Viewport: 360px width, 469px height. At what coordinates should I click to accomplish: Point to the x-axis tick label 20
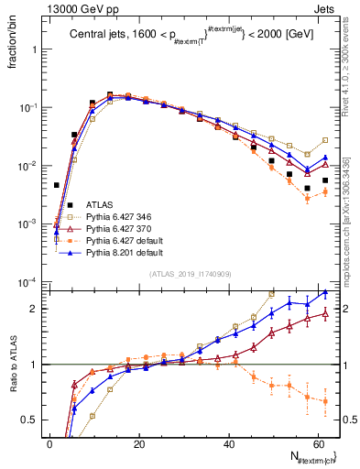138,444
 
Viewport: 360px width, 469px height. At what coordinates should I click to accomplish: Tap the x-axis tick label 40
227,444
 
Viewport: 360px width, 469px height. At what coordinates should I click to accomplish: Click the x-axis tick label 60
316,444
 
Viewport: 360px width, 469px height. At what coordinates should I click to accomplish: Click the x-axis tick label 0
49,444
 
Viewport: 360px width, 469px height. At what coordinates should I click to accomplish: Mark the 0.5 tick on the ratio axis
32,420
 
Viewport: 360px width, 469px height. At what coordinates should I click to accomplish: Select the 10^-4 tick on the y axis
29,282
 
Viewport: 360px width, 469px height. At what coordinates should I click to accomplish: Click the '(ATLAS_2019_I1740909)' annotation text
189,274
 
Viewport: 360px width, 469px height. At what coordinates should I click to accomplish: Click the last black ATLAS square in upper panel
325,180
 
